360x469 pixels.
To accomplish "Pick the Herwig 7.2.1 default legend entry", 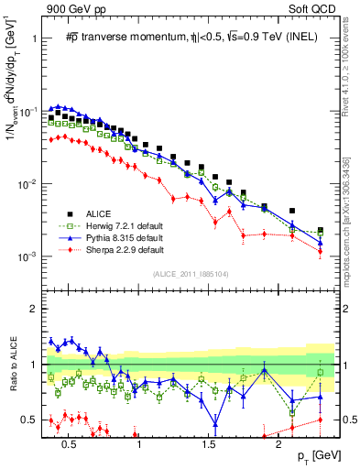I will [125, 225].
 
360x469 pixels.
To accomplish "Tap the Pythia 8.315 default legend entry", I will [125, 237].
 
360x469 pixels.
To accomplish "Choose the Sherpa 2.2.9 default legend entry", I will [125, 249].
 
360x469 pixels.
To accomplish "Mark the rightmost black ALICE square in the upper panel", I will [320, 231].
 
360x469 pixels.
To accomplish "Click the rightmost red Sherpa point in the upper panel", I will [320, 251].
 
